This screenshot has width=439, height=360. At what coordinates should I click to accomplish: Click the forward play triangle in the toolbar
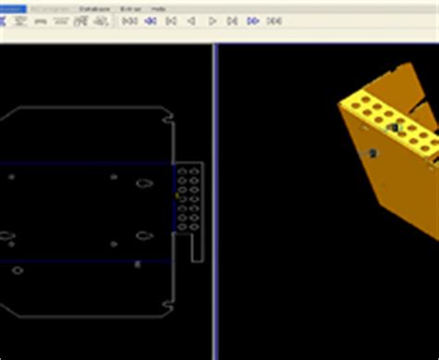(x=212, y=20)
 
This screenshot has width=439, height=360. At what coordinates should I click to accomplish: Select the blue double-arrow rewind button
(x=150, y=20)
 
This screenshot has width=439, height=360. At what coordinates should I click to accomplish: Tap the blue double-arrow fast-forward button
(x=253, y=20)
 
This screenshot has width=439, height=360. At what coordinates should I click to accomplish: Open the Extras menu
(x=130, y=8)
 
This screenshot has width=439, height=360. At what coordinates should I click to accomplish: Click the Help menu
(x=158, y=8)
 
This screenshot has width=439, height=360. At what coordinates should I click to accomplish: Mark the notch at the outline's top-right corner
(x=169, y=117)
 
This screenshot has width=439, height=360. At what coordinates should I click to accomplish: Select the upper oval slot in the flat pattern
(x=144, y=182)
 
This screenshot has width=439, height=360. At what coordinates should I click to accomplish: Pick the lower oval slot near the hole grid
(x=144, y=235)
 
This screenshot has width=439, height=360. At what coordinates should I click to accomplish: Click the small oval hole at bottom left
(x=17, y=270)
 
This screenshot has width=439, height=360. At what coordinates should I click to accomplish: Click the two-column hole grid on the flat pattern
(x=188, y=198)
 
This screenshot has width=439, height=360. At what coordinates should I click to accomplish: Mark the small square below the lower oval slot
(x=137, y=265)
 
